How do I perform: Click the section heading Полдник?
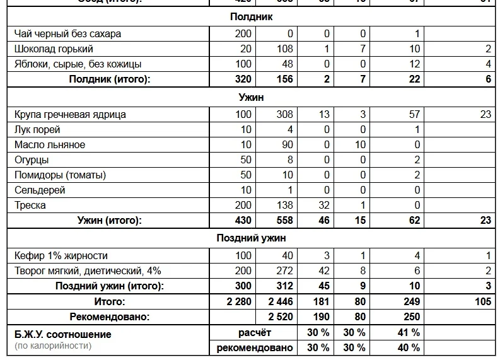tap(251, 17)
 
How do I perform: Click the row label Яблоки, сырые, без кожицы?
tap(78, 64)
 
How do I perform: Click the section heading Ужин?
tap(251, 98)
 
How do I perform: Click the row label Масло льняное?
tap(50, 145)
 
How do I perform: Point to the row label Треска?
tap(30, 206)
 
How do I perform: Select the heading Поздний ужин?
tap(251, 238)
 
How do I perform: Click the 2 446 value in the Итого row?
tap(281, 302)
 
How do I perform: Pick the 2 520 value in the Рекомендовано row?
tap(281, 317)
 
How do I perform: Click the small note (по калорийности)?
tap(53, 345)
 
